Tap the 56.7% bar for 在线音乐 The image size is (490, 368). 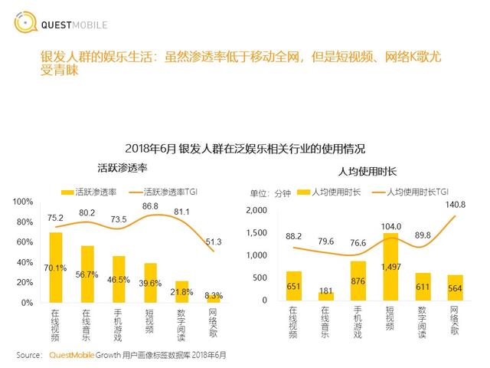[x=87, y=274]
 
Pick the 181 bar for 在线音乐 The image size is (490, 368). [x=326, y=297]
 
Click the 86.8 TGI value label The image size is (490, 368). [x=150, y=206]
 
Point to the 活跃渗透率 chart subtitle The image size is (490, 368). [x=122, y=168]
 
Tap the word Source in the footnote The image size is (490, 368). [x=28, y=355]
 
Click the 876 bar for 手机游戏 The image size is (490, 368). [x=359, y=281]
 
